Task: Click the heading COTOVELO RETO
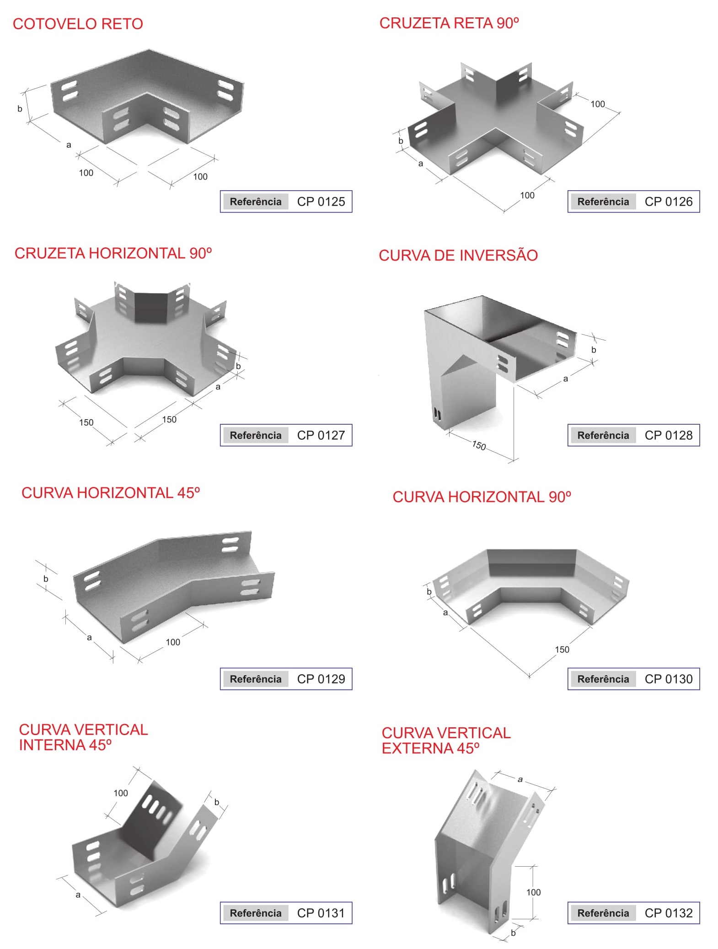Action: point(78,24)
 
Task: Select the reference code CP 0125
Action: point(321,202)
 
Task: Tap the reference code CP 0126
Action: point(669,202)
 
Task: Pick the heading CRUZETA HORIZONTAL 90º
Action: point(113,253)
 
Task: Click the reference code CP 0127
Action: point(321,435)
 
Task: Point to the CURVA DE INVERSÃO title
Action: point(458,255)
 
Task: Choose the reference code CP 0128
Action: point(669,435)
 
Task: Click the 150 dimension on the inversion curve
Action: point(479,445)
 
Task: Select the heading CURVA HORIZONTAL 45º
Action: point(111,493)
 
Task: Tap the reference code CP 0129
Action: point(321,679)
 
